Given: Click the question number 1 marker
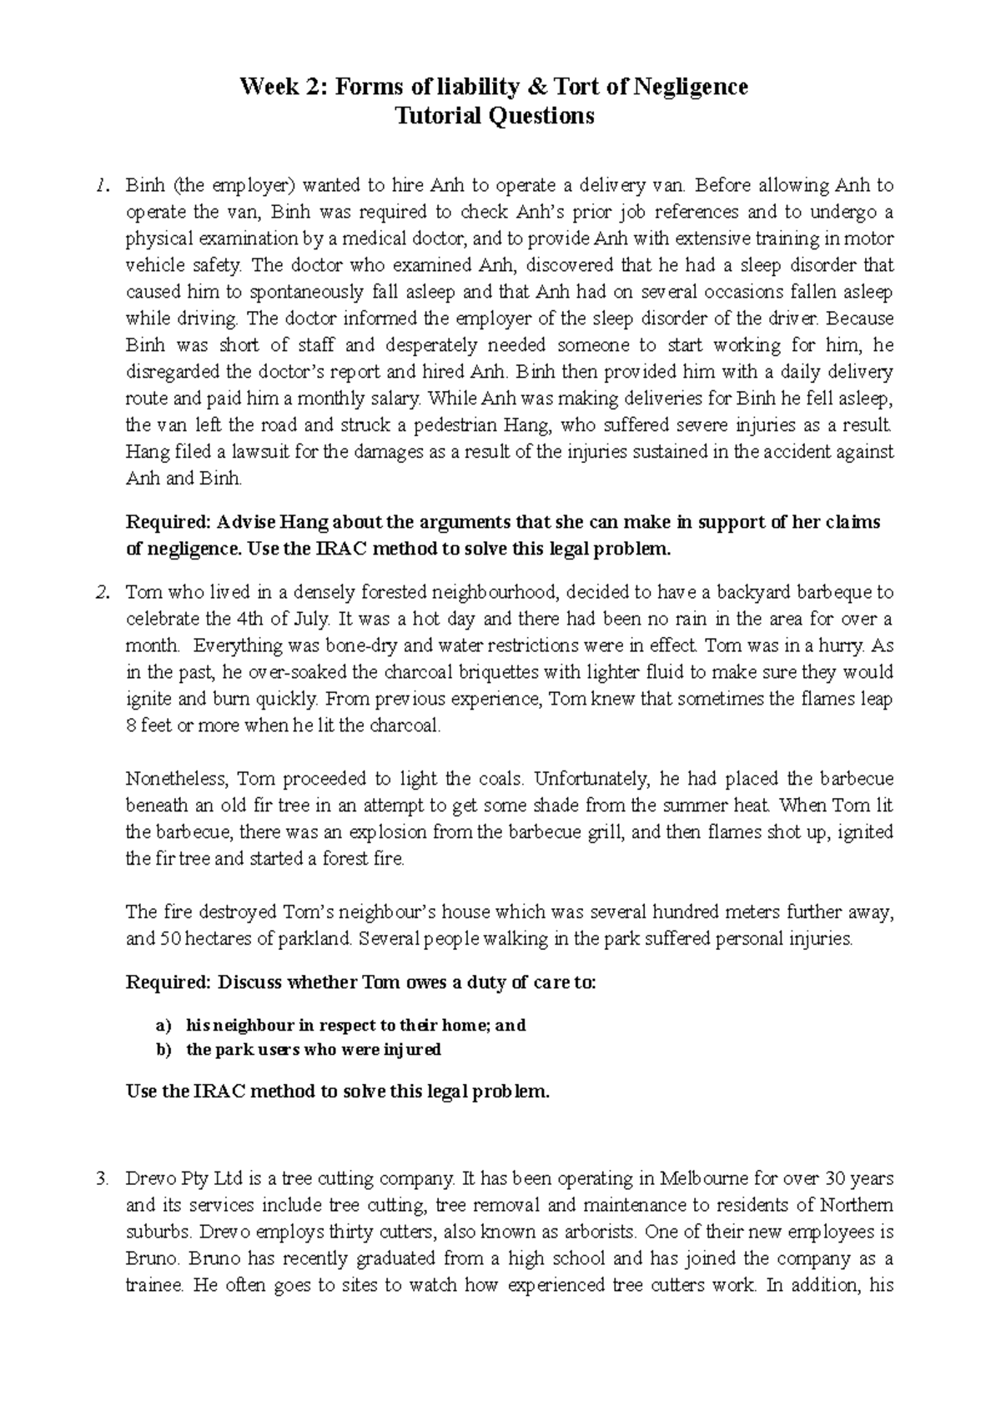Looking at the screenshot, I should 101,185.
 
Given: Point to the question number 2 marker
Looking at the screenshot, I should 101,593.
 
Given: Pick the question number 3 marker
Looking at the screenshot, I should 101,1179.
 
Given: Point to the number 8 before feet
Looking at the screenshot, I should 130,726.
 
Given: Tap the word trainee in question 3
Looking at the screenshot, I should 153,1286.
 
